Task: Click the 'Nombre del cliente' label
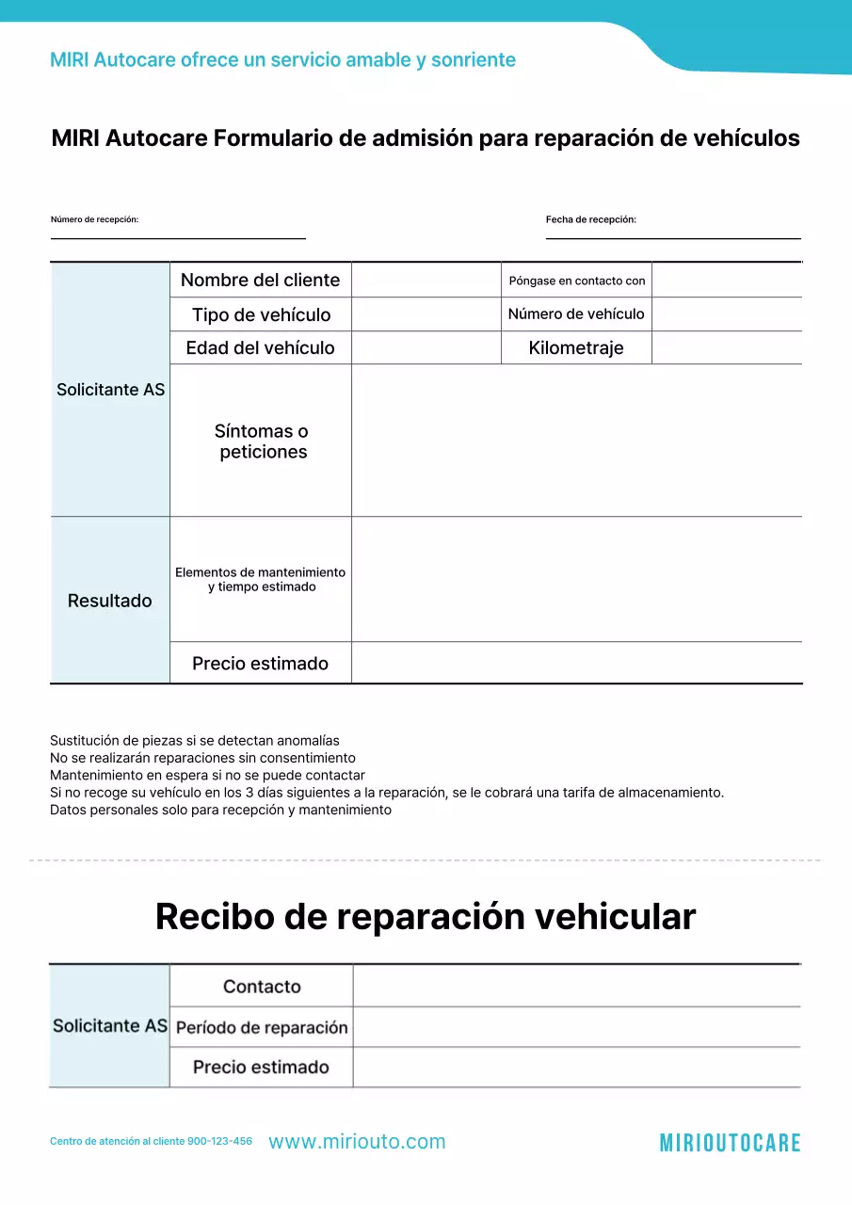(260, 280)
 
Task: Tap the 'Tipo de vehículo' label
(261, 314)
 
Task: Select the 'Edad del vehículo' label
(260, 347)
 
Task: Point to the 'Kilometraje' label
(576, 347)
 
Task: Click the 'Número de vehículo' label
(576, 314)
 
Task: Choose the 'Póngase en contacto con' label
(576, 281)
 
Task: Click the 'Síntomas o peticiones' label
(261, 442)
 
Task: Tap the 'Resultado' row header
(109, 601)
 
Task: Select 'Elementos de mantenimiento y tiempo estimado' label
(261, 579)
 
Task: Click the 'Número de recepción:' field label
(94, 219)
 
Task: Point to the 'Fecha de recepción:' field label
(590, 219)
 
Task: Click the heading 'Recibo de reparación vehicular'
(426, 916)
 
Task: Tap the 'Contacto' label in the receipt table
(262, 987)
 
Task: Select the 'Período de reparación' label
(262, 1027)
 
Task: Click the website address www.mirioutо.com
(357, 1142)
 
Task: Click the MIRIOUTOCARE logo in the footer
(730, 1143)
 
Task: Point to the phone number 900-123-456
(219, 1141)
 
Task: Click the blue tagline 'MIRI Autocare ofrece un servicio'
(282, 60)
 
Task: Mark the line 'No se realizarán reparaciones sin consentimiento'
(202, 758)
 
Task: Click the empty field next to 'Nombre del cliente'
(426, 281)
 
